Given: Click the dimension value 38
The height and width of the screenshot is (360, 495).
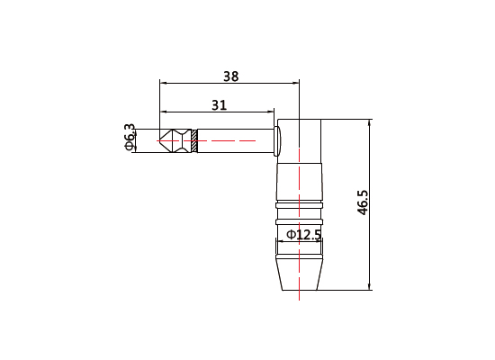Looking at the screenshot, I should coord(231,76).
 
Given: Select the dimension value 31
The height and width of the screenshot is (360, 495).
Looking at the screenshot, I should coord(219,104).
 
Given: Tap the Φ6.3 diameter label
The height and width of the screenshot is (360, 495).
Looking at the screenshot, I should coord(130,138).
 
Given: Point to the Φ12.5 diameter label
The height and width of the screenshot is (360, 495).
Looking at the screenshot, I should coord(303,235).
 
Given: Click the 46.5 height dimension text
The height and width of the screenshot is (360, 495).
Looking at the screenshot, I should coord(363,202).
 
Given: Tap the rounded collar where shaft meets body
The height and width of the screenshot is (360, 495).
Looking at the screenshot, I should coord(276,140).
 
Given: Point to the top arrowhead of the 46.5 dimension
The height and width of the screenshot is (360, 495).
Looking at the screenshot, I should coord(370,123).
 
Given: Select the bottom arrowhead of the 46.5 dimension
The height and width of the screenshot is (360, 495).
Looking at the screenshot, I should coord(370,286).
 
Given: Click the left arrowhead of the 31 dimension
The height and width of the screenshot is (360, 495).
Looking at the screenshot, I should coord(163,112).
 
